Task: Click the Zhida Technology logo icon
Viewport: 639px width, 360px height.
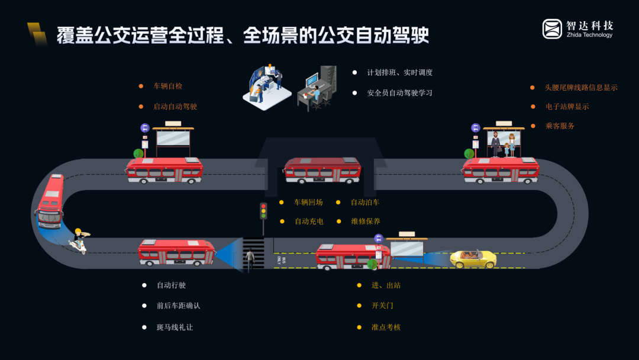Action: pos(552,29)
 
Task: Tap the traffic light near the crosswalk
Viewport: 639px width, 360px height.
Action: pos(263,211)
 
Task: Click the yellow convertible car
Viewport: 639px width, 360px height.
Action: pos(473,259)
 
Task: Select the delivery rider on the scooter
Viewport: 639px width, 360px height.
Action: pos(79,241)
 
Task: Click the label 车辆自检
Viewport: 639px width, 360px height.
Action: pos(168,86)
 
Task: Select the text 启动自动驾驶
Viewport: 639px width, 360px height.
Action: pos(175,107)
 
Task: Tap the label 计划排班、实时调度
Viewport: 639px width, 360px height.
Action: pos(400,73)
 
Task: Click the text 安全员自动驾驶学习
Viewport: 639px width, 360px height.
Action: pos(400,93)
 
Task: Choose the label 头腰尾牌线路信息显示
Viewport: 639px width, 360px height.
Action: pos(581,88)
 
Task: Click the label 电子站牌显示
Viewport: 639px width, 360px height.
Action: pos(567,107)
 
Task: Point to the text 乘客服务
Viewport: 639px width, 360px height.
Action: pos(560,126)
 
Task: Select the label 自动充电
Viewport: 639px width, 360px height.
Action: pos(309,221)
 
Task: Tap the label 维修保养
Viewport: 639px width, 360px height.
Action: pos(366,221)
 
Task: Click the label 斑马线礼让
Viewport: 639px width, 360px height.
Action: pos(175,327)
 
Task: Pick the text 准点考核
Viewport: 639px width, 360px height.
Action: pos(386,327)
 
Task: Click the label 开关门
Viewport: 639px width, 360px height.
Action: pos(382,306)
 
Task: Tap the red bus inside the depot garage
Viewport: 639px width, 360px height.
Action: pos(322,171)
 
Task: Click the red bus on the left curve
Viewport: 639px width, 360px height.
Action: pos(50,201)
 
